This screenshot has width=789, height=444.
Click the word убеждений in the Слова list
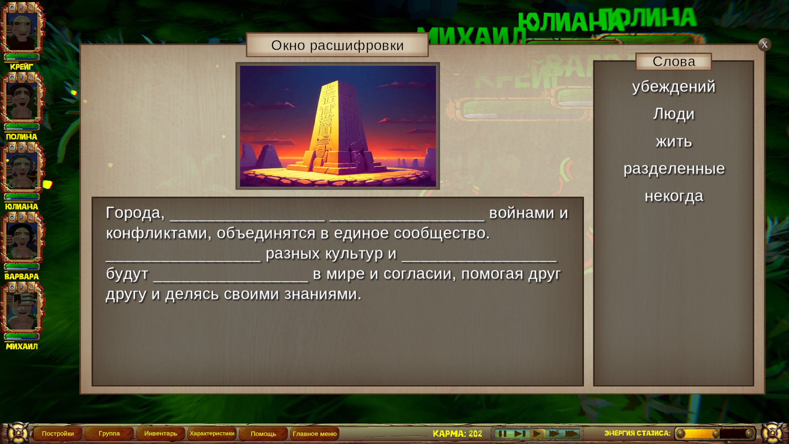[x=674, y=87]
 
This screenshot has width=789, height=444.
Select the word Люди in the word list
[x=674, y=114]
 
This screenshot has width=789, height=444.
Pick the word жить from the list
[x=674, y=141]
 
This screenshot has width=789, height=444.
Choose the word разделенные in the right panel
[x=674, y=169]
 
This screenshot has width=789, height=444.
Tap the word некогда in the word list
[x=674, y=196]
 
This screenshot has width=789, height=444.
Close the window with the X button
[x=764, y=44]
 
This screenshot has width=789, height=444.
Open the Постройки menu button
[x=58, y=433]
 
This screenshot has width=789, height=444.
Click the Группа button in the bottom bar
[x=109, y=433]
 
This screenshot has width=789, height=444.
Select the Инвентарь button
[x=161, y=433]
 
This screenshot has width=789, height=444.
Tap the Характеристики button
[x=212, y=433]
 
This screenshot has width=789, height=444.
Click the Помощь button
[x=263, y=433]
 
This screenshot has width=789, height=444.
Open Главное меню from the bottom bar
[x=315, y=433]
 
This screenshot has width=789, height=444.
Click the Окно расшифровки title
[x=337, y=45]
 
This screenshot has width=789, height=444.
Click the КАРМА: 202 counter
[x=457, y=434]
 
